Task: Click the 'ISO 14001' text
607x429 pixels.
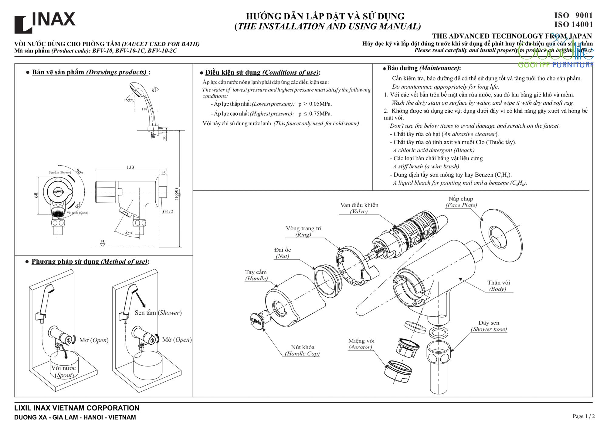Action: tap(573, 24)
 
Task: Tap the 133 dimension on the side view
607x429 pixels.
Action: tap(130, 167)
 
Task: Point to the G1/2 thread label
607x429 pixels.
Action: tap(168, 211)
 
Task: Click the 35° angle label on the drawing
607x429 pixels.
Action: tap(128, 233)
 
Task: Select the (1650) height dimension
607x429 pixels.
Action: tap(176, 194)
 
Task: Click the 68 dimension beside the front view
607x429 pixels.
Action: tap(36, 195)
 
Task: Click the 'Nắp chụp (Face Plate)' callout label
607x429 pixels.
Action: tap(461, 202)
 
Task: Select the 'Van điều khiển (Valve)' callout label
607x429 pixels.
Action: tap(359, 208)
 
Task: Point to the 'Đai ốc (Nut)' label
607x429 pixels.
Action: tap(283, 253)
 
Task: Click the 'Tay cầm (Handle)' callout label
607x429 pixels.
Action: tap(256, 275)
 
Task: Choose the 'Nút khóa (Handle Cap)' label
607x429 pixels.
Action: tap(302, 350)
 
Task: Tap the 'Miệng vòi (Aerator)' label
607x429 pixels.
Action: tap(361, 344)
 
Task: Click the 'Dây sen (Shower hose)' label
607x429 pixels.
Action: tap(489, 326)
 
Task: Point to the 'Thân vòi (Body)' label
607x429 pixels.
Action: tap(498, 285)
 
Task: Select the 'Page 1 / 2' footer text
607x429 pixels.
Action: tap(583, 416)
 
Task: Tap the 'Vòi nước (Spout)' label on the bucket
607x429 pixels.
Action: tap(63, 371)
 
